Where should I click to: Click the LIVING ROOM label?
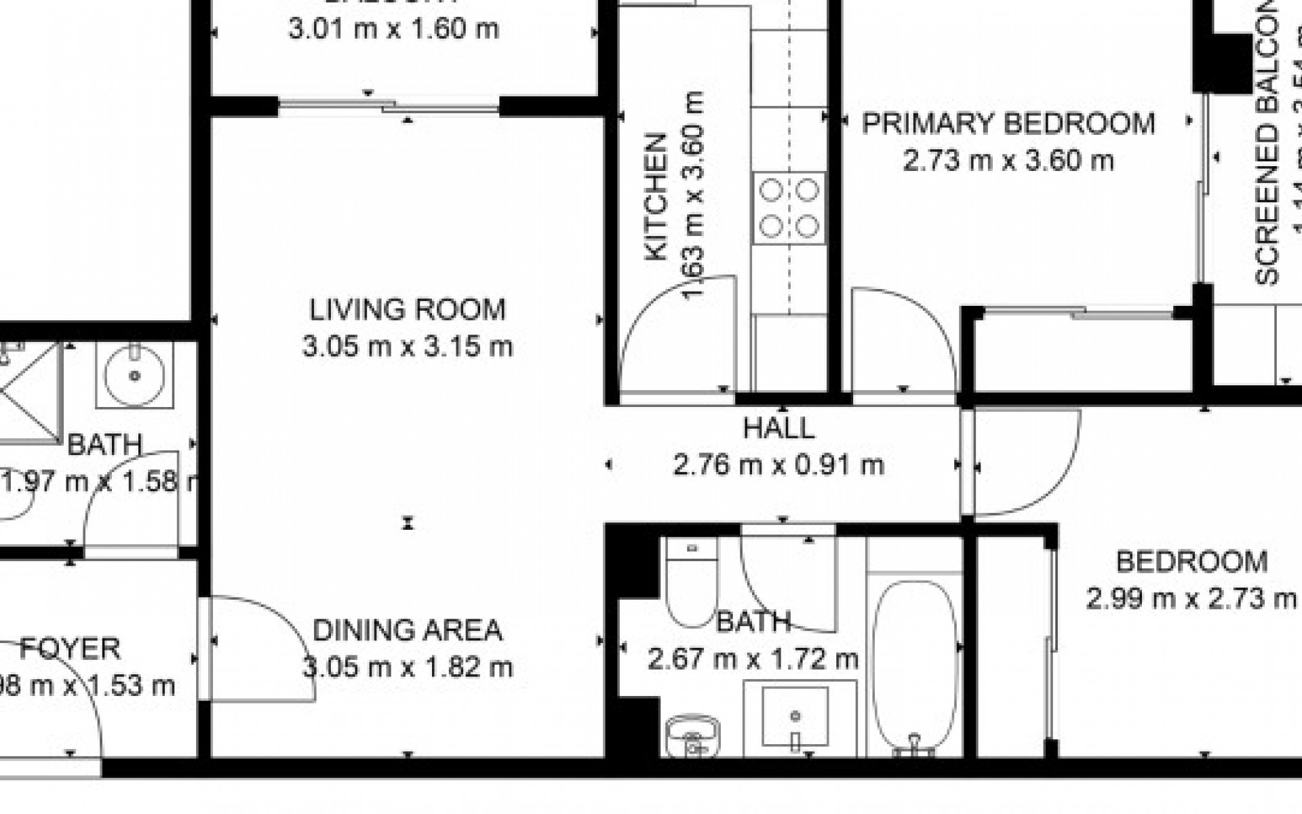point(408,310)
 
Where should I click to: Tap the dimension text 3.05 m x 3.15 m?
point(408,347)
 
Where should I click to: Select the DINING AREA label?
point(408,631)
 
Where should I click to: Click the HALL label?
point(778,429)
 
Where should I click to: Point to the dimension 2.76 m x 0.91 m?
point(778,465)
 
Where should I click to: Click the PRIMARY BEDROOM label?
point(1008,124)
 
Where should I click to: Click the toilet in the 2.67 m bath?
point(692,585)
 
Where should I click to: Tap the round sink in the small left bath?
point(134,374)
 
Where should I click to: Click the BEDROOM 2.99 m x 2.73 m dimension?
point(1191,600)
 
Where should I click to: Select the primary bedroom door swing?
point(902,339)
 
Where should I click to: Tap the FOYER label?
point(71,649)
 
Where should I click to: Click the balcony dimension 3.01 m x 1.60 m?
point(393,30)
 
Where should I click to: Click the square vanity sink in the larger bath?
point(795,716)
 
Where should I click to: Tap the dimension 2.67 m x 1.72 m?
point(753,659)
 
